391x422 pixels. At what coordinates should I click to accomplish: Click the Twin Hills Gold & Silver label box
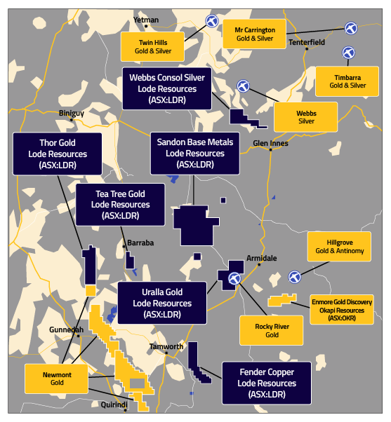pyautogui.click(x=152, y=46)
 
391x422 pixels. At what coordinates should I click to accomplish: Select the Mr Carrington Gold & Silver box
pyautogui.click(x=254, y=34)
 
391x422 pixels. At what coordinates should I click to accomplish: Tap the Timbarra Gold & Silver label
pyautogui.click(x=347, y=81)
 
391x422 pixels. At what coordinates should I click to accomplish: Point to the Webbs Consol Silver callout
pyautogui.click(x=167, y=88)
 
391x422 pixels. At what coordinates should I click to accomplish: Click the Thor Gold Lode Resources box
pyautogui.click(x=58, y=154)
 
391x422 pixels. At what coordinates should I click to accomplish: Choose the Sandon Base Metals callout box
pyautogui.click(x=195, y=153)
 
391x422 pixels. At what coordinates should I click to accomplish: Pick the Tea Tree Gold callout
pyautogui.click(x=120, y=205)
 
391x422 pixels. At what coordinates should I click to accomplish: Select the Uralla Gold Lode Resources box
pyautogui.click(x=162, y=303)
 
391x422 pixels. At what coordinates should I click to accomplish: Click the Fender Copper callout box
pyautogui.click(x=267, y=383)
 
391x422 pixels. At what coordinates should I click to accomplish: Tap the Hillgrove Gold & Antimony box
pyautogui.click(x=339, y=247)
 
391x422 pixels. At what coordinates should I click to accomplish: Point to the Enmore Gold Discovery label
pyautogui.click(x=342, y=310)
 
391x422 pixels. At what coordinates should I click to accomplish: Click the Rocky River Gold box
pyautogui.click(x=272, y=330)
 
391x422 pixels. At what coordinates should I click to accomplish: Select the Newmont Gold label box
pyautogui.click(x=57, y=379)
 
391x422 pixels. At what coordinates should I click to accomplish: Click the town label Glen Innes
pyautogui.click(x=270, y=143)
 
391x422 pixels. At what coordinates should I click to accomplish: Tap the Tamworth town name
pyautogui.click(x=166, y=346)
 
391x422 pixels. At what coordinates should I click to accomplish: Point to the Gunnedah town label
pyautogui.click(x=66, y=329)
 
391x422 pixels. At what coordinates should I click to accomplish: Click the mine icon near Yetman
pyautogui.click(x=212, y=21)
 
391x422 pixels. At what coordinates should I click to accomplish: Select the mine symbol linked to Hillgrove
pyautogui.click(x=295, y=277)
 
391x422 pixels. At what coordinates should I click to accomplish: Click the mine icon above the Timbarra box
pyautogui.click(x=348, y=53)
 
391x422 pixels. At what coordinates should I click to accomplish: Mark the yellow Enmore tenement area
pyautogui.click(x=282, y=300)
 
